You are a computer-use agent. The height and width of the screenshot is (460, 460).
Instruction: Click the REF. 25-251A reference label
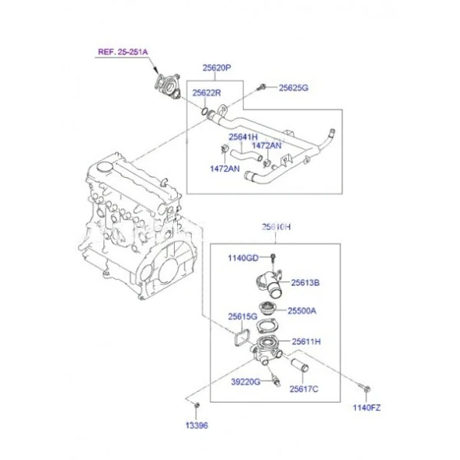click(x=123, y=52)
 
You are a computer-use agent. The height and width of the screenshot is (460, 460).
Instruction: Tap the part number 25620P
click(x=217, y=68)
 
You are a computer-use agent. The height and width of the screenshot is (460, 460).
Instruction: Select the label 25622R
click(x=207, y=92)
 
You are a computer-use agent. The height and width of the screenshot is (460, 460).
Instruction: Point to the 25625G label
click(x=294, y=88)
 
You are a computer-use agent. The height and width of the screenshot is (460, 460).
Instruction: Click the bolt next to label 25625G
click(x=261, y=87)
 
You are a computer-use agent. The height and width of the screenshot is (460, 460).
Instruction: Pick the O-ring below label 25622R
click(x=205, y=111)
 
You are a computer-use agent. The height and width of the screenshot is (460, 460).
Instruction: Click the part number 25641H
click(x=243, y=137)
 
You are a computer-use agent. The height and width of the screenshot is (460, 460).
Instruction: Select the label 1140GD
click(x=243, y=258)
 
